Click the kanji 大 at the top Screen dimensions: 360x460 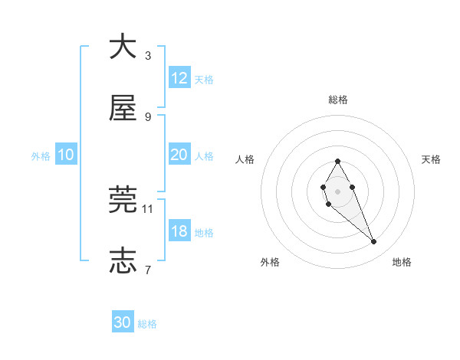point(123,47)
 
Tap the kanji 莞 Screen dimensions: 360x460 point(123,200)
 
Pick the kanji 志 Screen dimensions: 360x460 point(123,260)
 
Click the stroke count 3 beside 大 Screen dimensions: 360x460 point(148,55)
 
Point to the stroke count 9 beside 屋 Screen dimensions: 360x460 point(148,116)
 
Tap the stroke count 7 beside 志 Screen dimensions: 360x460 point(148,269)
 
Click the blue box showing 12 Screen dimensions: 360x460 point(179,77)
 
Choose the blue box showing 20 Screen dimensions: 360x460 point(179,155)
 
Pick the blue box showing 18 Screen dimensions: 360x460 point(179,231)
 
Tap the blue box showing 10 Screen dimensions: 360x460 point(66,155)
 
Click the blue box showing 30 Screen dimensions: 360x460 point(123,322)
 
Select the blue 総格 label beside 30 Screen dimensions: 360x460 point(147,324)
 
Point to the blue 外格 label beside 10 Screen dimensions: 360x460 point(41,156)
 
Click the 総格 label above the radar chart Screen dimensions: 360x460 point(337,100)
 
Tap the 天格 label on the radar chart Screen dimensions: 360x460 point(431,159)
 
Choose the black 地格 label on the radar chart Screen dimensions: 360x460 point(402,262)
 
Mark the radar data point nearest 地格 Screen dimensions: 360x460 point(373,242)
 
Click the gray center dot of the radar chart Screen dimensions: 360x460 point(337,190)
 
